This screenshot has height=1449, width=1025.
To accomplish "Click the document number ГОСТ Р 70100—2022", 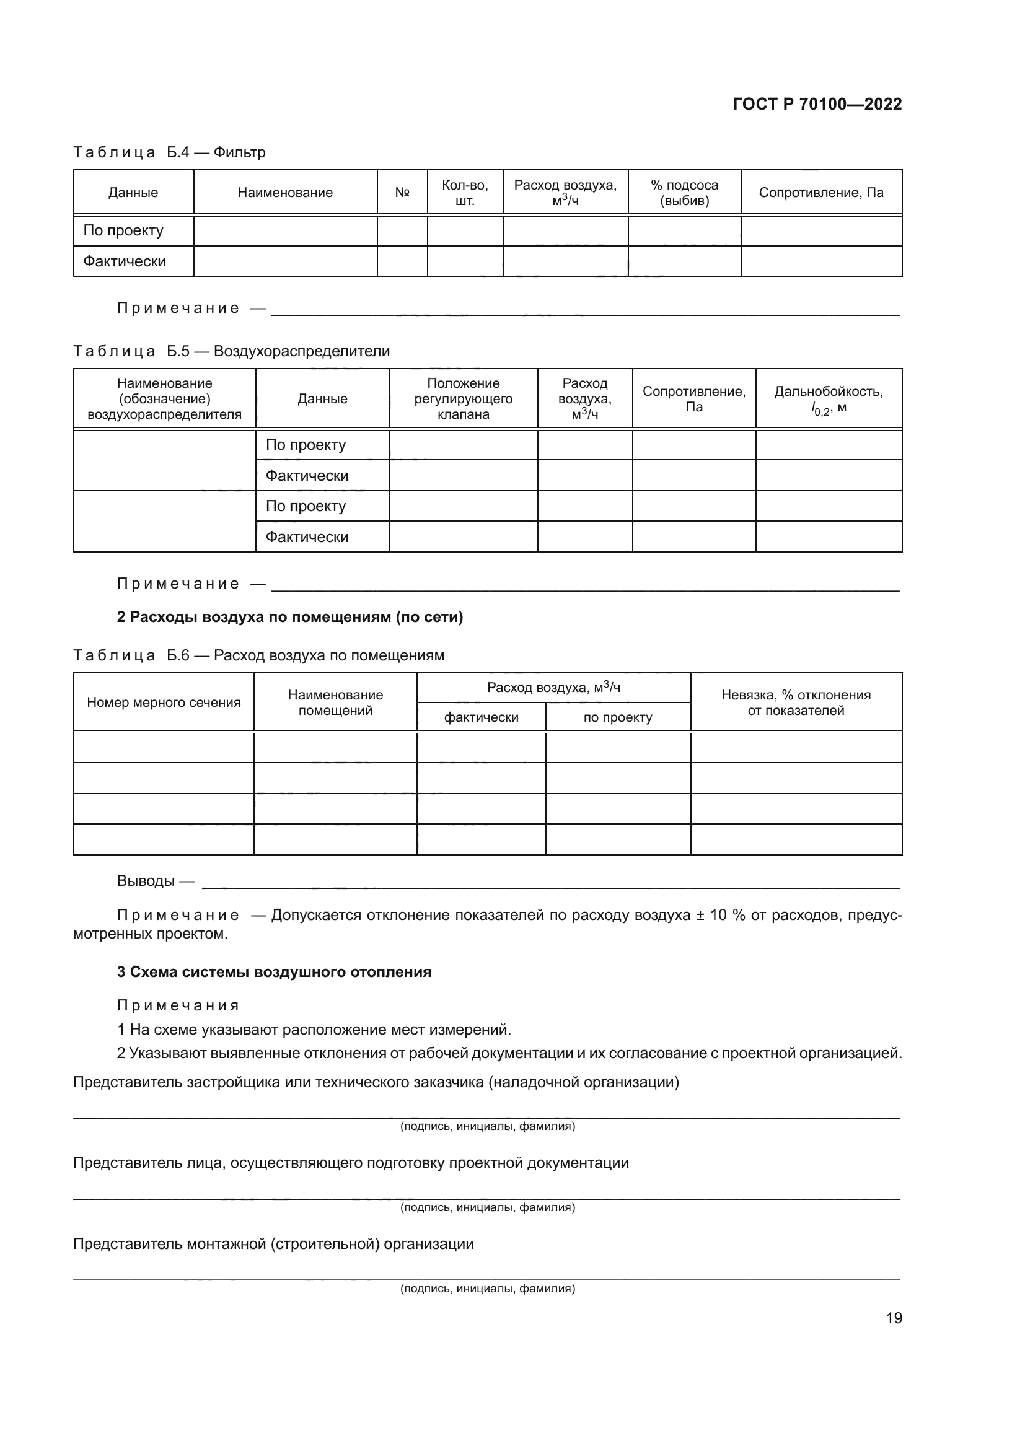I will (817, 104).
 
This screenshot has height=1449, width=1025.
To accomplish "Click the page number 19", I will (894, 1318).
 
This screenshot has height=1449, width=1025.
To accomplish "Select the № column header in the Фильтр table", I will (402, 193).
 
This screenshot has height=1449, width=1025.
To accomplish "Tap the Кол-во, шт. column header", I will (465, 193).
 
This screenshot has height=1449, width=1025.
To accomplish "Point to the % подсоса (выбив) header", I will (684, 193).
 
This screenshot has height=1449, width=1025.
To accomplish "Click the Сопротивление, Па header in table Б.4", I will (820, 193).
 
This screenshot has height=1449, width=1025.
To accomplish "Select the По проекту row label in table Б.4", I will (123, 230).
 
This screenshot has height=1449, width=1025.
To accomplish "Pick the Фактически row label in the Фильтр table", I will (125, 261).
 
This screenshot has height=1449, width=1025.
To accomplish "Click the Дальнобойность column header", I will (828, 399).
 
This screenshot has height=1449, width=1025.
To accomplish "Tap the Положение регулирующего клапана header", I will (464, 399).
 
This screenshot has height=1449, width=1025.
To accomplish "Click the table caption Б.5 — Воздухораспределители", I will (231, 351).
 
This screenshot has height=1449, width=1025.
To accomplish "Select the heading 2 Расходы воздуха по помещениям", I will (289, 617).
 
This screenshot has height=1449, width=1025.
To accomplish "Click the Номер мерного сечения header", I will (164, 703).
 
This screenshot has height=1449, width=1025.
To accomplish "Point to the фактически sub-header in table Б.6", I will (481, 717).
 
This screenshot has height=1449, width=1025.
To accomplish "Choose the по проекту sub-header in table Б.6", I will (617, 717).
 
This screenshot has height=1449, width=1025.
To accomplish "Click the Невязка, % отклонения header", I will (795, 703).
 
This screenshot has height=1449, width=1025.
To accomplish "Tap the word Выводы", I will (146, 880).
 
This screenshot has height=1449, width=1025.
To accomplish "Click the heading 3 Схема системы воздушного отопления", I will (274, 972).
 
